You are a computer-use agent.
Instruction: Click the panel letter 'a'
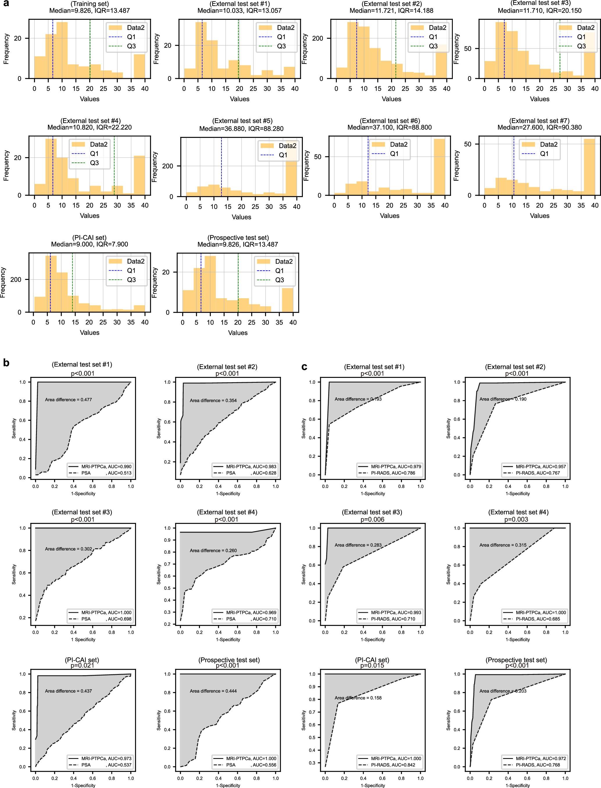tap(6, 4)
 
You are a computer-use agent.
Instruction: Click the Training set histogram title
tap(90, 4)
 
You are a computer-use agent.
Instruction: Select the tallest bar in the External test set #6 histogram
tap(439, 166)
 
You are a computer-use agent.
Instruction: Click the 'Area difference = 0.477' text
tap(68, 400)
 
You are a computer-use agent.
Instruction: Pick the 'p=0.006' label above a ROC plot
tap(372, 519)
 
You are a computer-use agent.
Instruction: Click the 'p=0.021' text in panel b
tap(82, 665)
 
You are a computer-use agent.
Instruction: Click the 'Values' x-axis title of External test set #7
tap(539, 216)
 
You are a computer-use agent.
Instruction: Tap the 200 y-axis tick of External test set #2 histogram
tap(318, 38)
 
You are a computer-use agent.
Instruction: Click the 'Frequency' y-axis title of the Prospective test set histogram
tap(155, 283)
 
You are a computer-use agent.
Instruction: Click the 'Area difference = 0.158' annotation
tap(358, 698)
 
